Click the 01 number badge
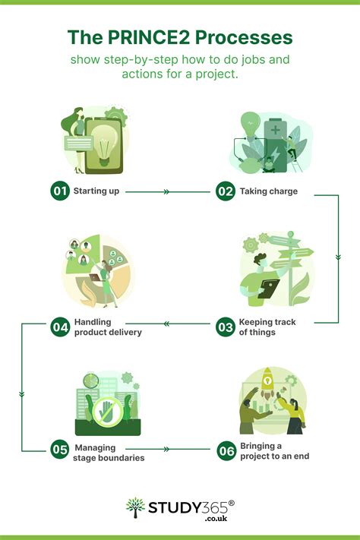[60, 191]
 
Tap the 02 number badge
[226, 191]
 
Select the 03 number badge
[226, 327]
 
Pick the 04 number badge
[60, 327]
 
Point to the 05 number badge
[60, 450]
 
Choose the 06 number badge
[226, 451]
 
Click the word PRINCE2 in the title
[149, 37]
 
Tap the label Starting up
[96, 191]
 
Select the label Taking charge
[269, 191]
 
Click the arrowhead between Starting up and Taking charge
[166, 192]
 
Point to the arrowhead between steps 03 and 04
[166, 324]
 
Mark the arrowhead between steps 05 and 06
[166, 449]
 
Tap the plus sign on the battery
[275, 130]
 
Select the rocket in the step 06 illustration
[267, 382]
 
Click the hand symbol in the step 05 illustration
[106, 411]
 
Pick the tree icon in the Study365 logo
[135, 507]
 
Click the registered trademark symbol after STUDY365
[231, 503]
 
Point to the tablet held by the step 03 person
[269, 289]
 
